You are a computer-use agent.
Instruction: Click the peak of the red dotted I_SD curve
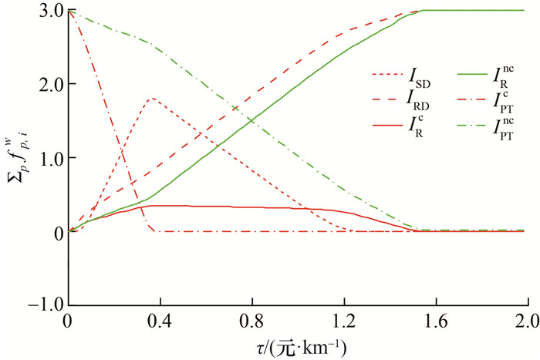pos(151,98)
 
